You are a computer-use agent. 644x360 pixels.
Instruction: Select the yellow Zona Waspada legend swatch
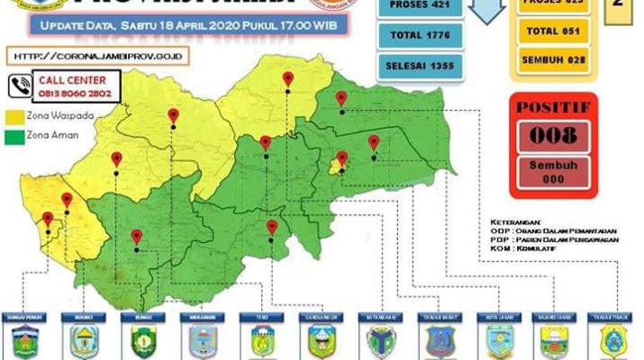[x=15, y=117]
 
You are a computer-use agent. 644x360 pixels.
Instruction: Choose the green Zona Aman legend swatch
[x=15, y=136]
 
